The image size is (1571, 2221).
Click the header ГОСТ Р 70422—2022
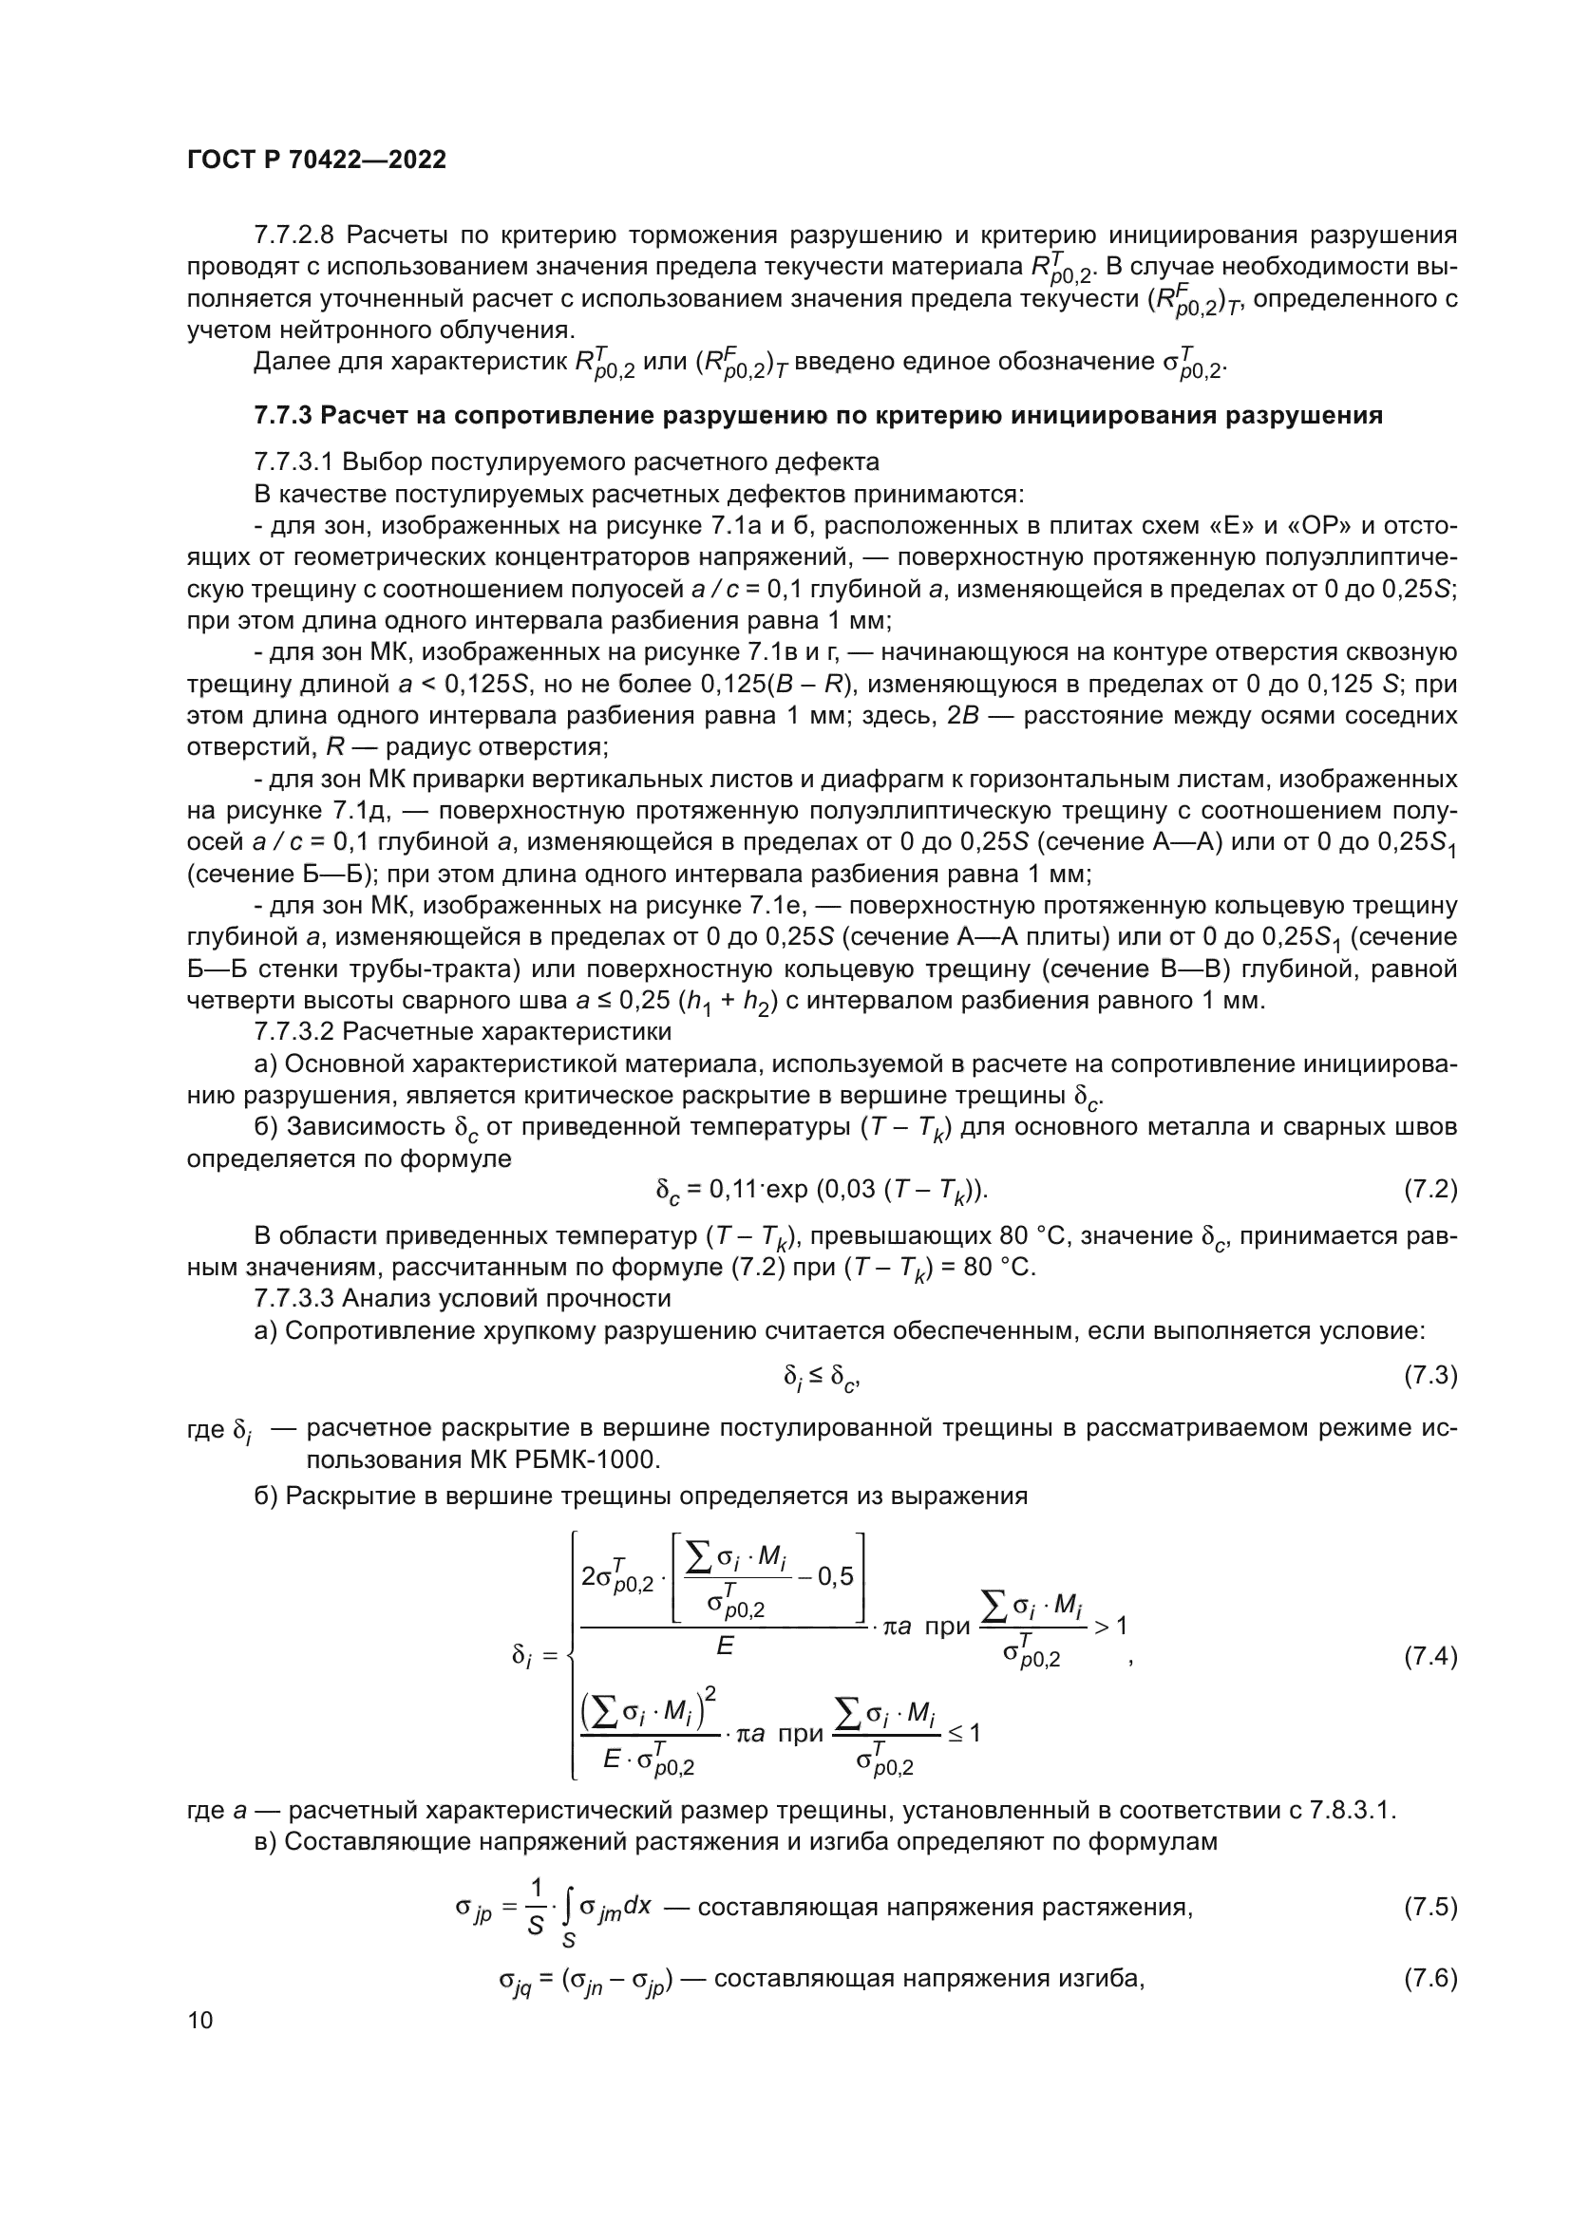pyautogui.click(x=316, y=160)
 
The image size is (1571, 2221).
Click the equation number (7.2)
pyautogui.click(x=1429, y=1189)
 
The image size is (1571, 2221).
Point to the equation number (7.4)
pyautogui.click(x=1429, y=1657)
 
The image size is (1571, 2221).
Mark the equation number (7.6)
pyautogui.click(x=1429, y=1978)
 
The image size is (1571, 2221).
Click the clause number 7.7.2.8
pyautogui.click(x=293, y=235)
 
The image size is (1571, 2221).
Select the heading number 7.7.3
pyautogui.click(x=282, y=416)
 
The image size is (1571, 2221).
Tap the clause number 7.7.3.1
pyautogui.click(x=293, y=461)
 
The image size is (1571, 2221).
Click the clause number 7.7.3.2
pyautogui.click(x=293, y=1031)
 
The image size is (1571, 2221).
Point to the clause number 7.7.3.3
pyautogui.click(x=293, y=1297)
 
